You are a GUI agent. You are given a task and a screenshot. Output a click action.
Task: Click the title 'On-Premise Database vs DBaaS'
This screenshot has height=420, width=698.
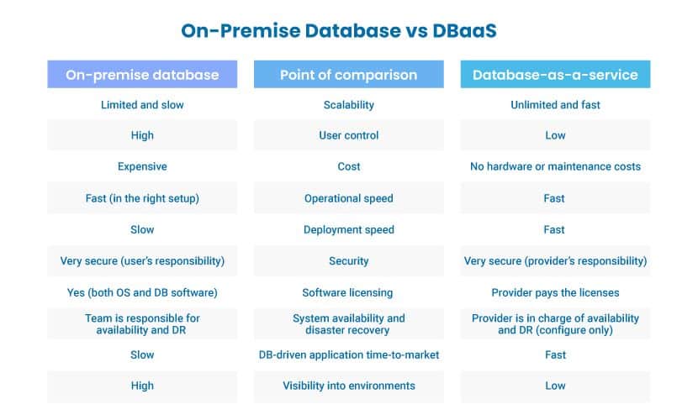[x=339, y=31]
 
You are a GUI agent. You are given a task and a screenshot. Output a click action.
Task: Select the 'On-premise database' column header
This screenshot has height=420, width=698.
[x=142, y=75]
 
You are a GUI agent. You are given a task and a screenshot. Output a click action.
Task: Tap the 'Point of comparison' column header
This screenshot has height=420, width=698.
[x=348, y=75]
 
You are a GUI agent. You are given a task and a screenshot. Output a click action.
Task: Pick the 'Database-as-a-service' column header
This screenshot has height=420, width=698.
[x=555, y=75]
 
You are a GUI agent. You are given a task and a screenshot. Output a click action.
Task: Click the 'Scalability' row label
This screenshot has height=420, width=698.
[x=348, y=105]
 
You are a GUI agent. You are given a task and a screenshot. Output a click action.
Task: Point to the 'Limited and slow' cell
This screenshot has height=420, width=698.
[x=142, y=105]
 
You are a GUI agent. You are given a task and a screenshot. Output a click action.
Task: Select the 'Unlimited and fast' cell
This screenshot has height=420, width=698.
[x=555, y=105]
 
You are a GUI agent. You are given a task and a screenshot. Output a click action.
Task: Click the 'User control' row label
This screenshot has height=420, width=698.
[x=348, y=135]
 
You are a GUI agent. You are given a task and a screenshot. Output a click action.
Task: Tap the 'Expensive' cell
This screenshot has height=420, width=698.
[x=142, y=166]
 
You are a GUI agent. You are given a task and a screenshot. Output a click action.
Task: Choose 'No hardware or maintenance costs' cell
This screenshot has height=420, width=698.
[x=555, y=166]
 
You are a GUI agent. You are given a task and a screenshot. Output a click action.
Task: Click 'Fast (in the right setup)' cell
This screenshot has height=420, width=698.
[x=142, y=198]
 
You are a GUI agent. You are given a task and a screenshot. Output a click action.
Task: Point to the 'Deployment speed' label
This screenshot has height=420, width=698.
[x=348, y=230]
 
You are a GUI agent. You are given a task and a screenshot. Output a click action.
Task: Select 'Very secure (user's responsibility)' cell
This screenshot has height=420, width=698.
[x=142, y=261]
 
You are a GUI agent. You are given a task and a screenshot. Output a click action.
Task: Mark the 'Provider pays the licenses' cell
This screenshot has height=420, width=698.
[x=555, y=292]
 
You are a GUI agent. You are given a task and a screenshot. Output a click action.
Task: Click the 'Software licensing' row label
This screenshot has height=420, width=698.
[x=347, y=292]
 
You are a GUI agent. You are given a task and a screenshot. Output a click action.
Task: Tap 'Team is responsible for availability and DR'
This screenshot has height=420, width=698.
[x=142, y=324]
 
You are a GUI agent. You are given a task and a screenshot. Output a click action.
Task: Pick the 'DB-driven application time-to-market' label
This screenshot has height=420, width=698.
[x=348, y=354]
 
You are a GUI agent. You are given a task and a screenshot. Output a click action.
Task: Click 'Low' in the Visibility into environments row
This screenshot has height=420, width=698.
[x=555, y=386]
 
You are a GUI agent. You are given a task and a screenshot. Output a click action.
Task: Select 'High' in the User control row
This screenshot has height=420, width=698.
[x=142, y=135]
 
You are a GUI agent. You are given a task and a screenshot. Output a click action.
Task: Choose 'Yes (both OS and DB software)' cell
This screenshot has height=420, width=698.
[x=142, y=292]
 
